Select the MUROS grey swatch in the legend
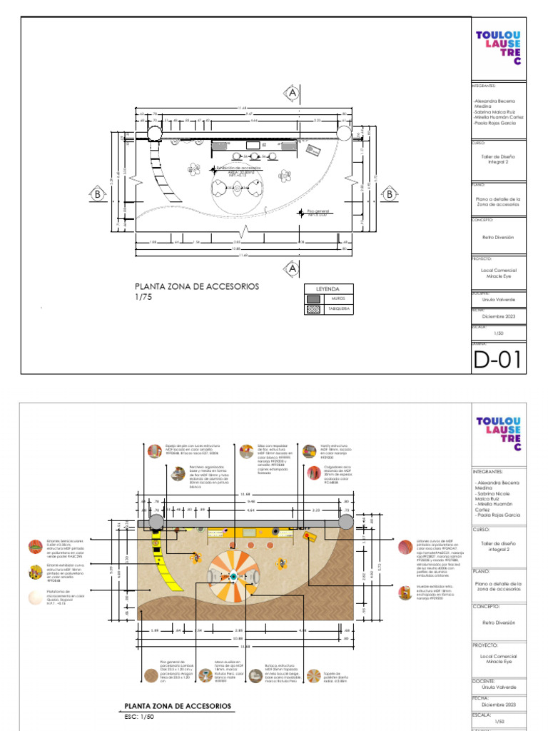point(313,299)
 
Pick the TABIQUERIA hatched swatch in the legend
point(313,310)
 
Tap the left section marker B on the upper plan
point(96,193)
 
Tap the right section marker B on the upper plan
point(390,193)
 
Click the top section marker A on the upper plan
point(292,93)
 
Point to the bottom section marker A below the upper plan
point(292,268)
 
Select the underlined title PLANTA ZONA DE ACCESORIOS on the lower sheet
point(178,705)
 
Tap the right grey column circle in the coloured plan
point(346,522)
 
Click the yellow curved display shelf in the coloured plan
point(161,560)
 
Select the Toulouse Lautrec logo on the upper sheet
point(498,47)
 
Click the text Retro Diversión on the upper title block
point(498,236)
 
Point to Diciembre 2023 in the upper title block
point(498,316)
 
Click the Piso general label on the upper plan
point(317,211)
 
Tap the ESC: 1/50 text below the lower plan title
point(140,717)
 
